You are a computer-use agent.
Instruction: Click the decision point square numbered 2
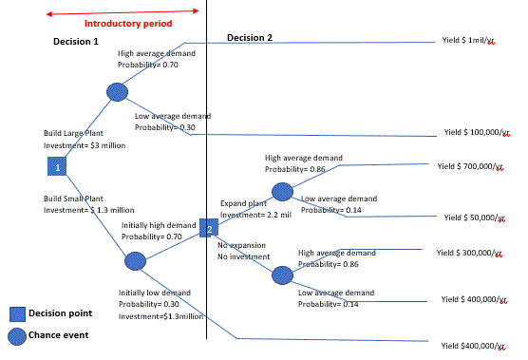click(x=209, y=229)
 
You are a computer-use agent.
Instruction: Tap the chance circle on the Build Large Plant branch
click(x=117, y=92)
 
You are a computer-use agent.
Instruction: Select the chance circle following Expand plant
click(x=283, y=192)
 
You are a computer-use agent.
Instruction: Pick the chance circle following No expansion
click(x=283, y=275)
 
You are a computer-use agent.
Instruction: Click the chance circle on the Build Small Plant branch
click(x=135, y=260)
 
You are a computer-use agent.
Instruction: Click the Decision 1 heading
click(x=75, y=42)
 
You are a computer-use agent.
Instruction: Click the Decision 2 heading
click(x=250, y=38)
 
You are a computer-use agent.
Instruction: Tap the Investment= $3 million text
click(x=85, y=146)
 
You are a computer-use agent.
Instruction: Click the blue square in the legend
click(x=16, y=314)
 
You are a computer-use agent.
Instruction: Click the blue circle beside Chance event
click(x=16, y=334)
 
